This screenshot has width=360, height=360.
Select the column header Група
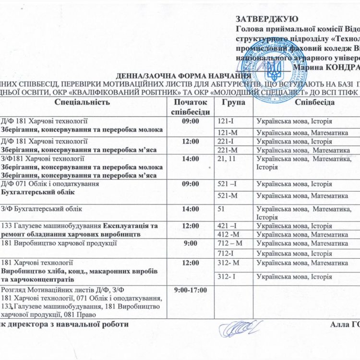pos(234,103)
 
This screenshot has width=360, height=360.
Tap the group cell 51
pos(222,209)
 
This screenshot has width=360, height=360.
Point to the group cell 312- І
pos(228,276)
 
